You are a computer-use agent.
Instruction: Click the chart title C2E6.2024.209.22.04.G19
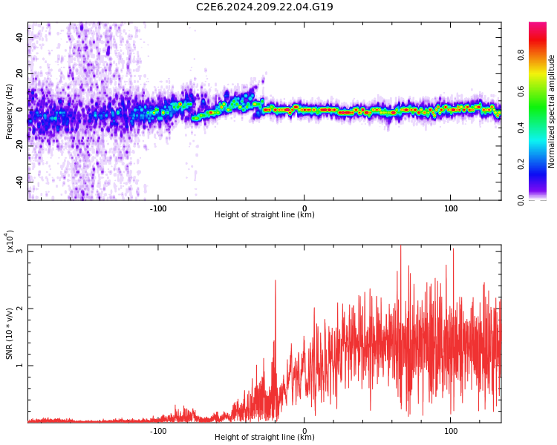(264, 7)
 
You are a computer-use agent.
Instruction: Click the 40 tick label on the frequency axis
(20, 38)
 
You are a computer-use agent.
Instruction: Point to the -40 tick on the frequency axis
(19, 182)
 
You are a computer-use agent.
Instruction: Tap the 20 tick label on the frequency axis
(20, 73)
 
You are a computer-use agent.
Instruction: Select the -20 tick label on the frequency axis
(19, 146)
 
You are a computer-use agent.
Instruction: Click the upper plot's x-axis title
(264, 215)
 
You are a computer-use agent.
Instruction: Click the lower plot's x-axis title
(264, 438)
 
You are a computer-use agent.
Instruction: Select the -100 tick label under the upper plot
(158, 207)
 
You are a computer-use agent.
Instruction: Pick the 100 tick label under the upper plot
(450, 207)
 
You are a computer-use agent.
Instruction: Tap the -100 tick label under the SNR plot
(158, 430)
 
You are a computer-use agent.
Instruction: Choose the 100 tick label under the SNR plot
(450, 430)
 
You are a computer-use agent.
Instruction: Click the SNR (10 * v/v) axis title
(9, 332)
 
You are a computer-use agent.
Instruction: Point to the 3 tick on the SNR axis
(21, 251)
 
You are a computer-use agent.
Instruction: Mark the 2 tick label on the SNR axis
(21, 309)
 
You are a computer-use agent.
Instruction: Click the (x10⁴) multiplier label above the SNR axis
(10, 242)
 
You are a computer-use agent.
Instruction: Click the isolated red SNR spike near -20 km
(276, 281)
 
